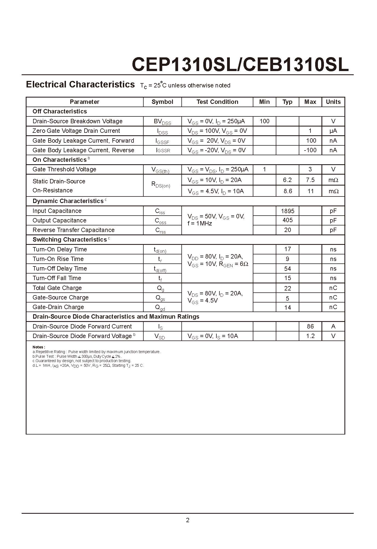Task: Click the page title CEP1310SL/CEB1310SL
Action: point(240,64)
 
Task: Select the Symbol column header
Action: point(162,102)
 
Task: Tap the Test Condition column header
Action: point(217,102)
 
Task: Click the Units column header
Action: point(333,102)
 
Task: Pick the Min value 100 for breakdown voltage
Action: point(264,121)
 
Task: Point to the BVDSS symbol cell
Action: point(162,122)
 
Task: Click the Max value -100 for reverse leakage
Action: point(310,150)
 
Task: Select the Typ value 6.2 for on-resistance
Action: point(287,180)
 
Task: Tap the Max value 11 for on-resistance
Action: point(310,191)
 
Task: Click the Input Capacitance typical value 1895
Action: point(288,211)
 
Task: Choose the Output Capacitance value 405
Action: point(288,220)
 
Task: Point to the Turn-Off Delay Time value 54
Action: point(288,269)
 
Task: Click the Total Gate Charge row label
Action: point(57,288)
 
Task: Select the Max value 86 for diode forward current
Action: point(310,326)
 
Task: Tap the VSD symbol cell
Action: point(160,336)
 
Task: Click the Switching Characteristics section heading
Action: point(70,240)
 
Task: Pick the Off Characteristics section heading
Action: point(60,111)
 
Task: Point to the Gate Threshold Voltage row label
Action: point(64,169)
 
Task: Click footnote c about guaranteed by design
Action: point(82,361)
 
